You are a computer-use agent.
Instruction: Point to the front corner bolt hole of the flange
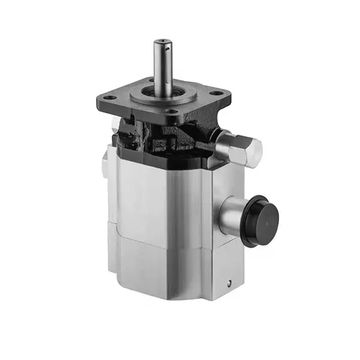pyautogui.click(x=171, y=112)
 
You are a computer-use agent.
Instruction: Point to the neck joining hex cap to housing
pyautogui.click(x=223, y=143)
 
